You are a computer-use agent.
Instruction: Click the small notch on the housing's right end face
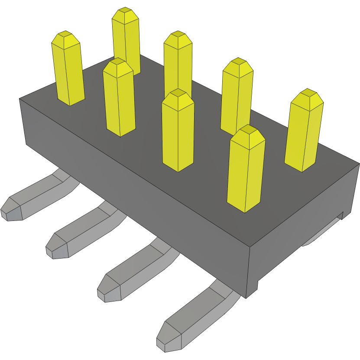(341, 215)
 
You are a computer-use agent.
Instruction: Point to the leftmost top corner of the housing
(19, 99)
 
